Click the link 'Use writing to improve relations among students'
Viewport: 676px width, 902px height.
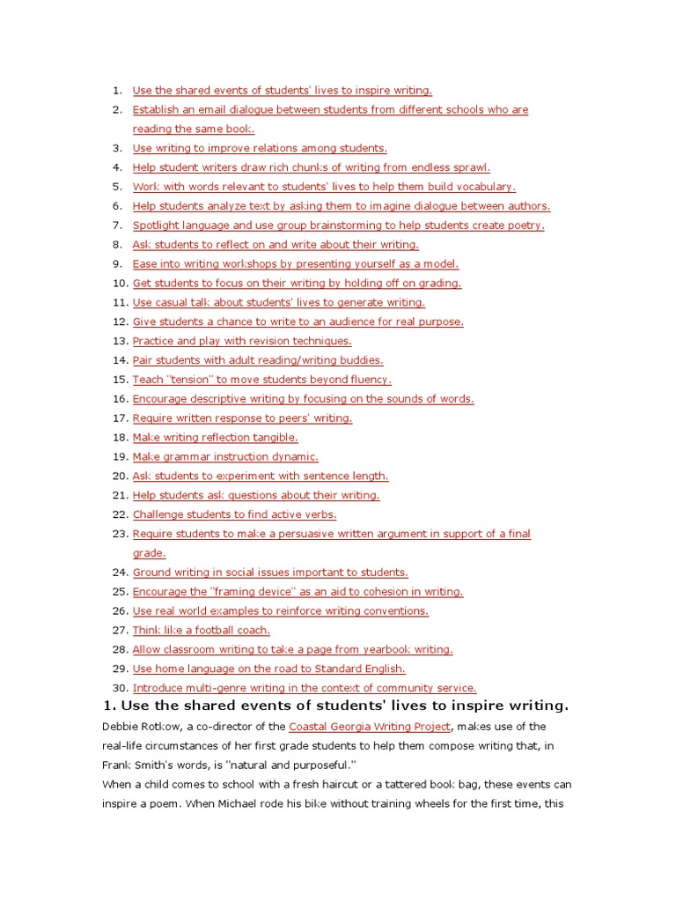(x=260, y=148)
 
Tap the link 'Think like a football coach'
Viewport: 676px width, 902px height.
(x=201, y=631)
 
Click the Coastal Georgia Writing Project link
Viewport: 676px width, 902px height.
(x=370, y=727)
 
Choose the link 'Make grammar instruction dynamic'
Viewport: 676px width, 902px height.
(x=225, y=457)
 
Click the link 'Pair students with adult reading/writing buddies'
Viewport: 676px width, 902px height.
(x=258, y=360)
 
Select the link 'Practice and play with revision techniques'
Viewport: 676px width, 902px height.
(x=242, y=341)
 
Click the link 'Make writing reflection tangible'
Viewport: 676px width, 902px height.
(x=216, y=438)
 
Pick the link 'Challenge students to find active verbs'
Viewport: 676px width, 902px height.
(x=234, y=514)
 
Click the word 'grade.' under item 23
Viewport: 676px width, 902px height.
(x=149, y=553)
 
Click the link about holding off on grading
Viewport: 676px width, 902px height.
(x=297, y=284)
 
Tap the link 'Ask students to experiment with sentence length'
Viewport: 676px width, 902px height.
(x=261, y=477)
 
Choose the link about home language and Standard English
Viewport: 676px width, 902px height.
(x=269, y=669)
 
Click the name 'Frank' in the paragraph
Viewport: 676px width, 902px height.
(x=117, y=765)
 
